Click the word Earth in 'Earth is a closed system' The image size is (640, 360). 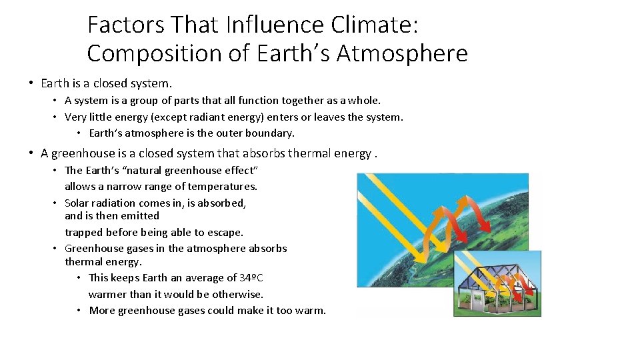pos(55,83)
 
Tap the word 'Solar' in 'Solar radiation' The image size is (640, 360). pos(77,203)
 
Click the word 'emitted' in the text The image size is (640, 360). pos(140,215)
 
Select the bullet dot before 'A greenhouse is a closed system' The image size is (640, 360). pos(31,153)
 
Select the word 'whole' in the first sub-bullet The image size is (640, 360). pos(364,100)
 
